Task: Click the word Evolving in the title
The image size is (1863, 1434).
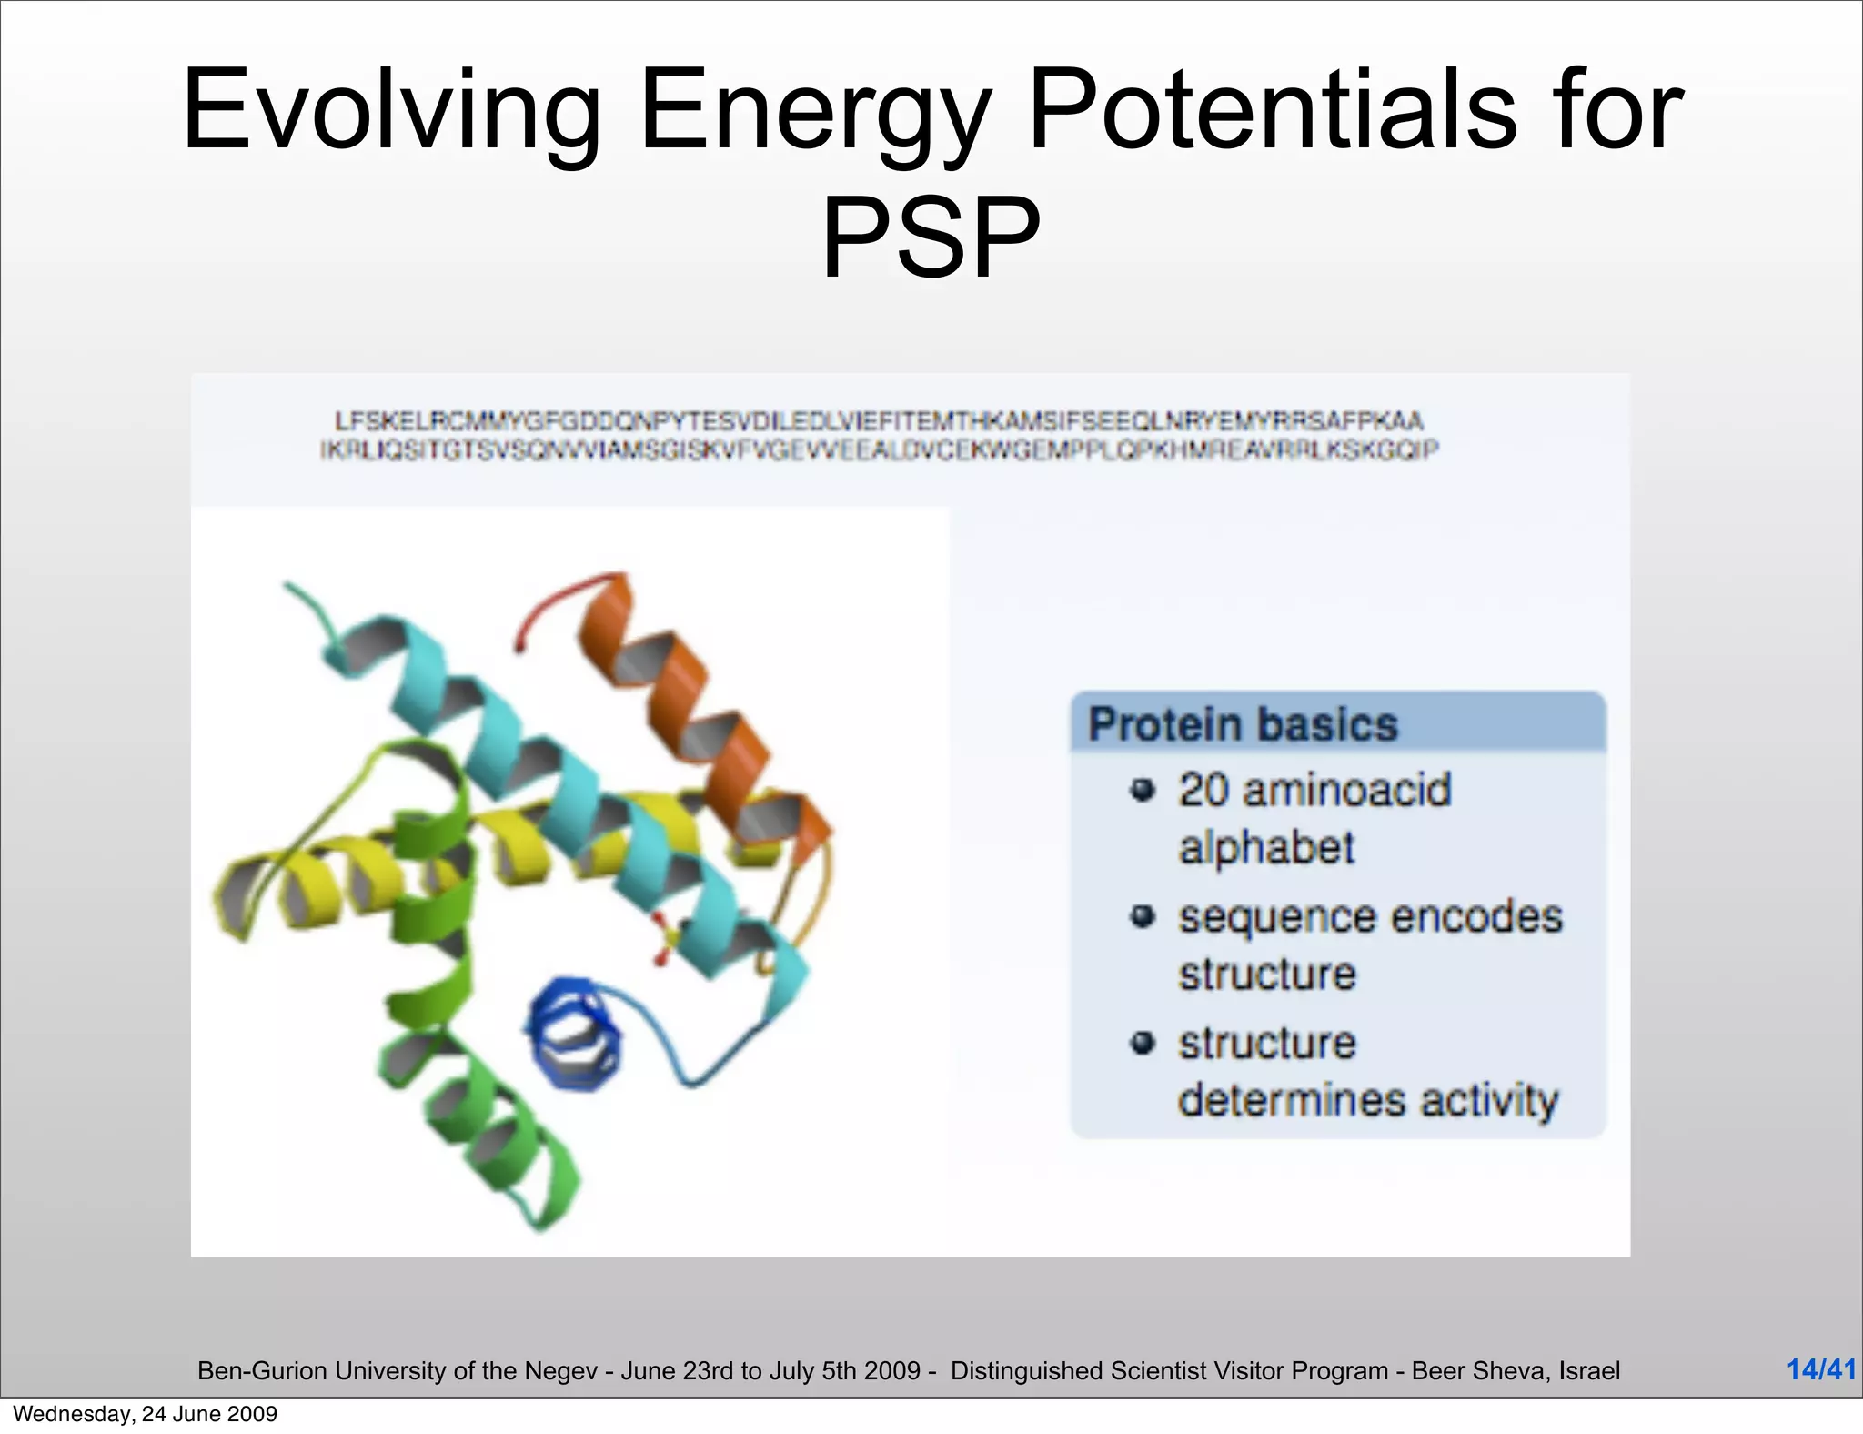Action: [391, 111]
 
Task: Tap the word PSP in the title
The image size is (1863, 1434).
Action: [931, 238]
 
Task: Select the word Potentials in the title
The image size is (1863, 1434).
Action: [1272, 111]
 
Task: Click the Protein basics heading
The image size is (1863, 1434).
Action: [1243, 725]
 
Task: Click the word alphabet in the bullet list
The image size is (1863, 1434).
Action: [1266, 848]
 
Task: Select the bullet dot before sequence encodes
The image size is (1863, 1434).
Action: [1143, 916]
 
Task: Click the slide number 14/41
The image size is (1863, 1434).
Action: [1820, 1368]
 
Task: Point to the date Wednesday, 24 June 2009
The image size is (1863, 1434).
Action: [146, 1414]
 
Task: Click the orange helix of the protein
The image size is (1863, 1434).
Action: [691, 710]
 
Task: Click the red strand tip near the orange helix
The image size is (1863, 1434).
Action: [546, 605]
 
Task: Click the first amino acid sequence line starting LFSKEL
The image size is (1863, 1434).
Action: [878, 421]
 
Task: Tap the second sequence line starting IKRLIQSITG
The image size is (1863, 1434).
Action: [878, 449]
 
